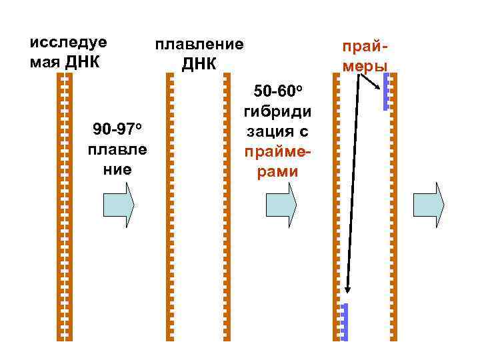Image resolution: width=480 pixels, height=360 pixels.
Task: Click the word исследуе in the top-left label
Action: (69, 42)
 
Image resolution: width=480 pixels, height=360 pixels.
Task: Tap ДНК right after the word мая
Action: (83, 63)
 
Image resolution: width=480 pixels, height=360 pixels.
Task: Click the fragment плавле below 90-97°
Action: (117, 149)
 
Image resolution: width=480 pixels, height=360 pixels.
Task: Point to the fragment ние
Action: (117, 169)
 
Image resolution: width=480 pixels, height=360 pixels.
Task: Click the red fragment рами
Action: (278, 172)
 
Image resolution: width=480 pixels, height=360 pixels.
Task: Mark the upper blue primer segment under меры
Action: (385, 91)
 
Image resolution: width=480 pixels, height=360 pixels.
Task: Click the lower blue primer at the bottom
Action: (345, 322)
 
